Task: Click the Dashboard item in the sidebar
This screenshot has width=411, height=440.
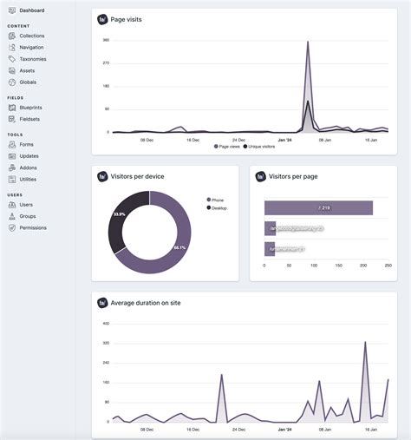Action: point(33,10)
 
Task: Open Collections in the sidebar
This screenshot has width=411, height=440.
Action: point(31,36)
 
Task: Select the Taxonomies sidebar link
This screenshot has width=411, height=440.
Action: point(33,59)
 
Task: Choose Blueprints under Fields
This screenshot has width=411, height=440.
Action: point(30,108)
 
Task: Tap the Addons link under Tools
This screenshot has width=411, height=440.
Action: point(29,167)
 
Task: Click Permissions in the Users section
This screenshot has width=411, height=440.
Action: point(33,227)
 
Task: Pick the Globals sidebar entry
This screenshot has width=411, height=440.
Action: point(29,82)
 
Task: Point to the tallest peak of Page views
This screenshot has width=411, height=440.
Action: point(307,42)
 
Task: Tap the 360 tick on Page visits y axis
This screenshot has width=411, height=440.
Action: point(106,40)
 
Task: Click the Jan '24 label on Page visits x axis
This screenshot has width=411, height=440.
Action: point(285,139)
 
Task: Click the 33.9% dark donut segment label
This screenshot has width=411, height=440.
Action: point(120,213)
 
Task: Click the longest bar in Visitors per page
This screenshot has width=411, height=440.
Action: point(318,208)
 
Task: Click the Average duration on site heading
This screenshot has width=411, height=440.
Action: point(146,303)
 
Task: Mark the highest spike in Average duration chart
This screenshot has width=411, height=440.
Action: point(365,343)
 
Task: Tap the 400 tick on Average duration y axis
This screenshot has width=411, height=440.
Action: point(106,324)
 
